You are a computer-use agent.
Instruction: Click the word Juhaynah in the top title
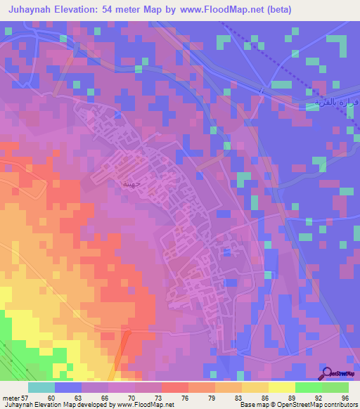pos(34,10)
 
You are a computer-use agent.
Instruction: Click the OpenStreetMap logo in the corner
pos(337,375)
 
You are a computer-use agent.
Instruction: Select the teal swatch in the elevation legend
pos(41,387)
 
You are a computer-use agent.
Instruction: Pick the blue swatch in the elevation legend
pos(68,387)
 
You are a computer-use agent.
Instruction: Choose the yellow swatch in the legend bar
pos(282,387)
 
